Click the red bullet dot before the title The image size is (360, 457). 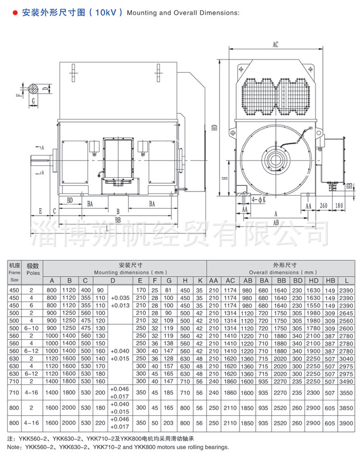coord(15,13)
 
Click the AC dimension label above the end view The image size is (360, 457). coord(275,45)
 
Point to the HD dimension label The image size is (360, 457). coord(215,128)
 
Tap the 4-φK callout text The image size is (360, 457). coord(259,200)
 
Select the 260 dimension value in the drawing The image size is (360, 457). coord(323,205)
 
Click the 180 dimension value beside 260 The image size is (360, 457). coord(339,205)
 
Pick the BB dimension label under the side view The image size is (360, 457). coord(118,220)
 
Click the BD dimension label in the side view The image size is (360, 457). coord(70,200)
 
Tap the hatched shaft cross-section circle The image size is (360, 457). coord(33,89)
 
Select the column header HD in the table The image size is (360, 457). coord(313,280)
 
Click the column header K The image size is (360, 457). coord(200,280)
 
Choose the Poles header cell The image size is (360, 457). coord(33,273)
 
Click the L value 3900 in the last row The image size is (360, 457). coord(346,423)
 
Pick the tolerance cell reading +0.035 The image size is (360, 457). coord(120,298)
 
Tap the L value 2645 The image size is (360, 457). coord(346,313)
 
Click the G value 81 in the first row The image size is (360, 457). coord(169,291)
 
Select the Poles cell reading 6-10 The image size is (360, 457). coord(31,328)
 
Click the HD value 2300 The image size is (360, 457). coord(313,392)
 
